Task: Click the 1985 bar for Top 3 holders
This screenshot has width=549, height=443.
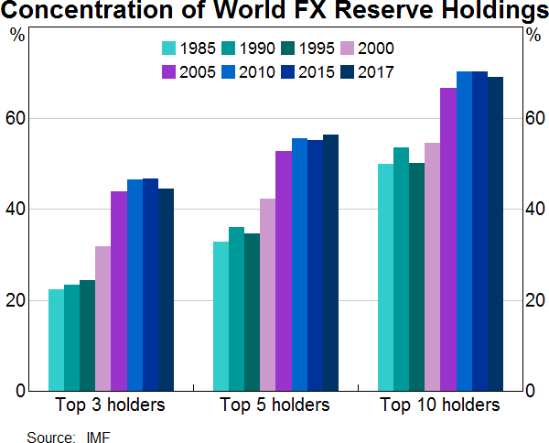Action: [56, 340]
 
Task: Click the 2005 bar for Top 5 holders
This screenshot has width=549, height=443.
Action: [283, 271]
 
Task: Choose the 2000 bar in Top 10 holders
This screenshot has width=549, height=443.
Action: [432, 266]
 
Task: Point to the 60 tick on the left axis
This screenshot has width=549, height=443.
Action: [20, 119]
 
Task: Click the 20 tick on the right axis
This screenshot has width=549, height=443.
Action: [533, 300]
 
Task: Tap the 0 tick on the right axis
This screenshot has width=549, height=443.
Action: [530, 391]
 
